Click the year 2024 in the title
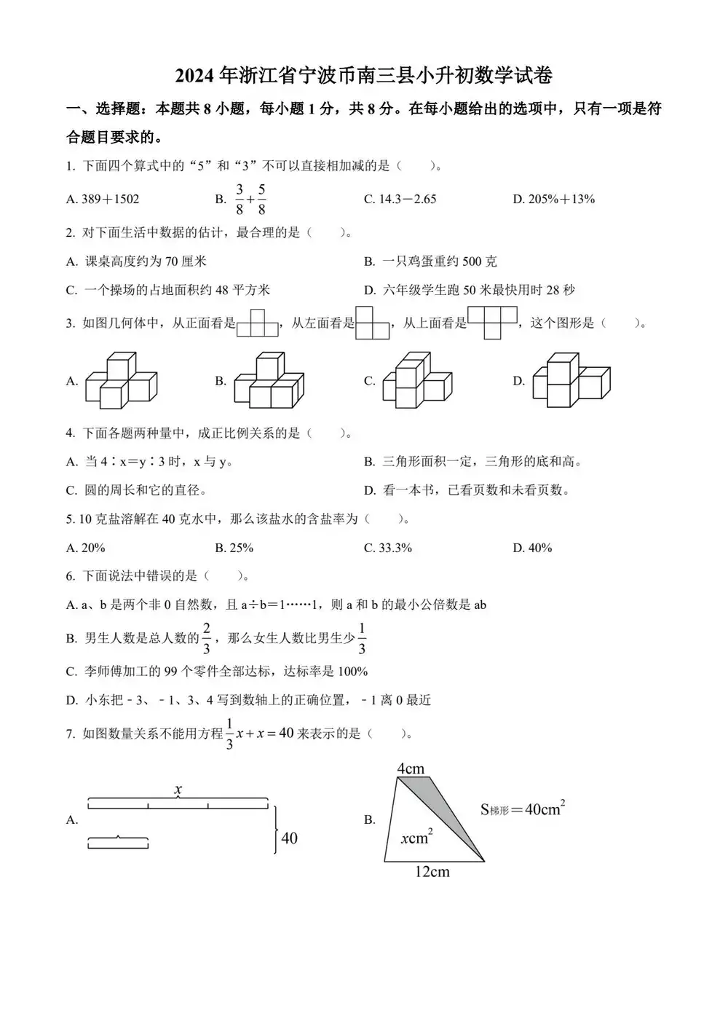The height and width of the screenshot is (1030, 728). (195, 76)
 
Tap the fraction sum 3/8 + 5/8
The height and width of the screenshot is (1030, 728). (250, 199)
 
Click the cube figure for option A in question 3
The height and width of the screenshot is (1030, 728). (121, 380)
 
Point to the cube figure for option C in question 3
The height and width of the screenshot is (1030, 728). (417, 380)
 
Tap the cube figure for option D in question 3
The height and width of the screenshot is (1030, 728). (571, 380)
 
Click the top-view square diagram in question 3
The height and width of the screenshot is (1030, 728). (492, 322)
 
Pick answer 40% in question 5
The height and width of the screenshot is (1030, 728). (539, 548)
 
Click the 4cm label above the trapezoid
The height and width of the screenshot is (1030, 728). (411, 768)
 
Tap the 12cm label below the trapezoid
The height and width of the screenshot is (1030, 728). (432, 872)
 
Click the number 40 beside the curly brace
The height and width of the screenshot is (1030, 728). (289, 838)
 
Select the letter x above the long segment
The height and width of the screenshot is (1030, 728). (178, 789)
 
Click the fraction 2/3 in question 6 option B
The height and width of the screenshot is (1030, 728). (206, 638)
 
